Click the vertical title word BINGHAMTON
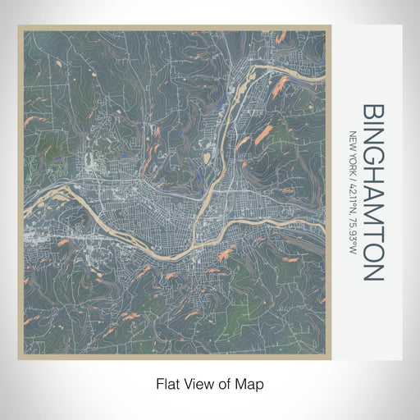tap(371, 193)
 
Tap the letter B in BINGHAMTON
tap(371, 112)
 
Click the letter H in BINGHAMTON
tap(371, 177)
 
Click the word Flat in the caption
tap(167, 382)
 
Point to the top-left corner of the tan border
tap(18, 25)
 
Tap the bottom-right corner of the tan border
tap(331, 359)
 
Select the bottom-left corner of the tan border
tap(18, 359)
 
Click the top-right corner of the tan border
tap(331, 25)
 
